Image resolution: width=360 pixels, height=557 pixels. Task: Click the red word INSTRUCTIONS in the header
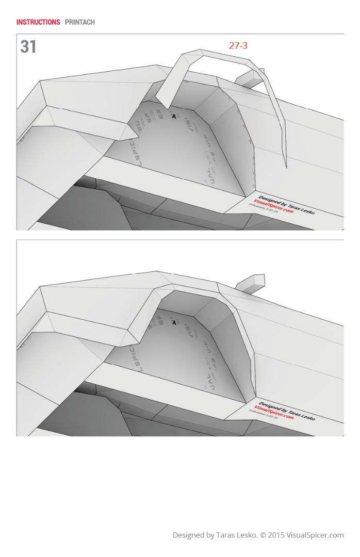[38, 22]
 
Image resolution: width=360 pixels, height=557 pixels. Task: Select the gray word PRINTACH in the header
[80, 22]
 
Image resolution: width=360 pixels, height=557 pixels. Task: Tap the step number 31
[28, 47]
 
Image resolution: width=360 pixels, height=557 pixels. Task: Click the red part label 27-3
[238, 46]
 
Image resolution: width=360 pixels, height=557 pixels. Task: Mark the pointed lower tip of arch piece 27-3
[286, 166]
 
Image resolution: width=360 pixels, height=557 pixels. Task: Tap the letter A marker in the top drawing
[174, 117]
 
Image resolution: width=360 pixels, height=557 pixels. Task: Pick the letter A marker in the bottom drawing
[174, 322]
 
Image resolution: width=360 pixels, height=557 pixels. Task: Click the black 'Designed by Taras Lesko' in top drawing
[286, 204]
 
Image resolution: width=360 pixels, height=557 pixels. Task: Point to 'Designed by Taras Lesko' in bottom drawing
[286, 410]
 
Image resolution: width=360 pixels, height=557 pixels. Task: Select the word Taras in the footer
[225, 535]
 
